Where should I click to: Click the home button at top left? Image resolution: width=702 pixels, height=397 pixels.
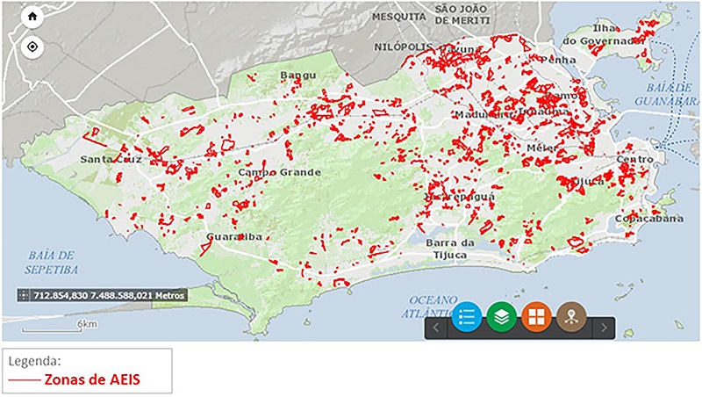pos(32,17)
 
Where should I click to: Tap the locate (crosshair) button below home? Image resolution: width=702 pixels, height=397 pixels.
pos(32,46)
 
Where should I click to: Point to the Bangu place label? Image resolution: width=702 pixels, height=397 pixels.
pos(297,76)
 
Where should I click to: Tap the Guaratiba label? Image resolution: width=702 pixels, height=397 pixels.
pos(233,237)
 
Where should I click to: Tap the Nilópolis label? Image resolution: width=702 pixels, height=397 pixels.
pos(403,47)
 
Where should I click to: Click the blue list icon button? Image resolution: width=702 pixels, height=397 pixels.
pos(466,318)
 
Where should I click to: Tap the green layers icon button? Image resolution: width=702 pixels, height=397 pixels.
pos(501,318)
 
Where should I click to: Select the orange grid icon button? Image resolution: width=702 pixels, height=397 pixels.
pos(537,318)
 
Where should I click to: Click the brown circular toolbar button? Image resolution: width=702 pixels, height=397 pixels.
pos(572,318)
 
